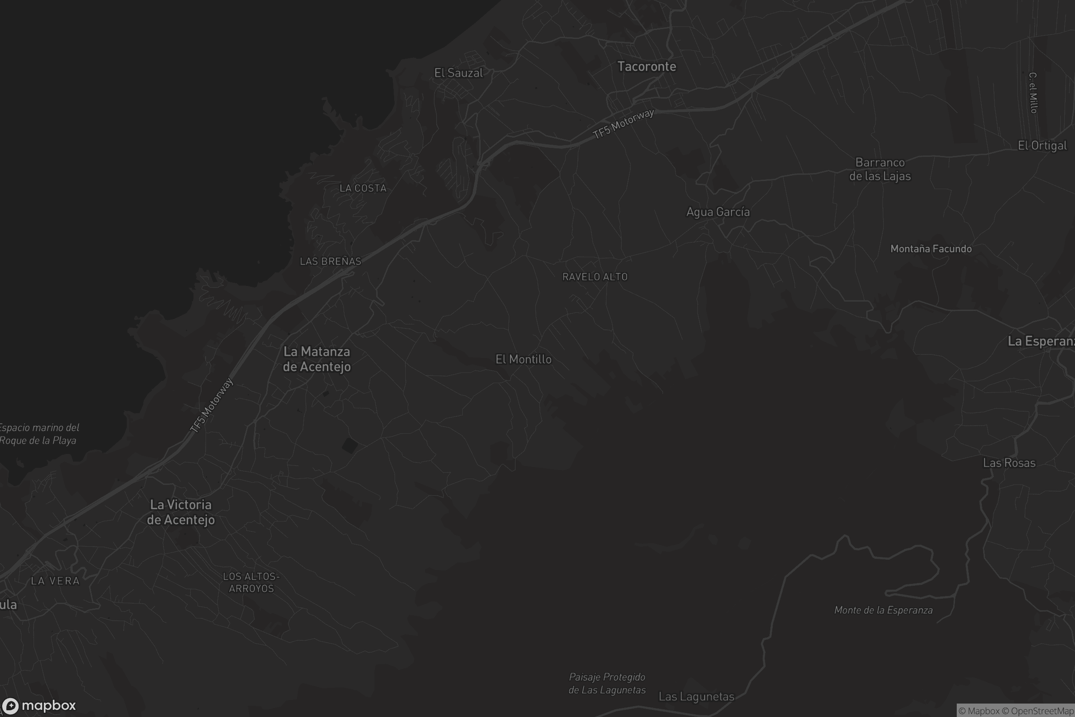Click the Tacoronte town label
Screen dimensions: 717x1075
646,66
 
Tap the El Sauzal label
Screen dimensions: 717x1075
458,73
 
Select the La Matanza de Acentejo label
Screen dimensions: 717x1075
317,359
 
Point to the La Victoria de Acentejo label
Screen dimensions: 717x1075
181,512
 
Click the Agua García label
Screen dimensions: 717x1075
718,212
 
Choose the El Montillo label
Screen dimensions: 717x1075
523,359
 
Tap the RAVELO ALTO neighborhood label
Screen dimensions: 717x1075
595,276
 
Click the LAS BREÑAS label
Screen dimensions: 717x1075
331,261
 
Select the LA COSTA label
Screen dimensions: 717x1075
363,188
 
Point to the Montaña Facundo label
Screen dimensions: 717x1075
931,249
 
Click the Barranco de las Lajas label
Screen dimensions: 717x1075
880,169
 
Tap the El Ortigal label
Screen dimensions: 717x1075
1042,145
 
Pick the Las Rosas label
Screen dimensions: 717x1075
1009,463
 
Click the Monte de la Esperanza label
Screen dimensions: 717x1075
883,610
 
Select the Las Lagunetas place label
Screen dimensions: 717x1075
696,696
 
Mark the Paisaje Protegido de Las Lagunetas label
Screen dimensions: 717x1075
607,683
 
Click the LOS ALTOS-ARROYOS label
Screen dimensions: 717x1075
251,582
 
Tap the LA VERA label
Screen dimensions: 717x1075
55,581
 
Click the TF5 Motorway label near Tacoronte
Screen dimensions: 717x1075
623,124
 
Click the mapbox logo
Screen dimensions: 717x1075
39,705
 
